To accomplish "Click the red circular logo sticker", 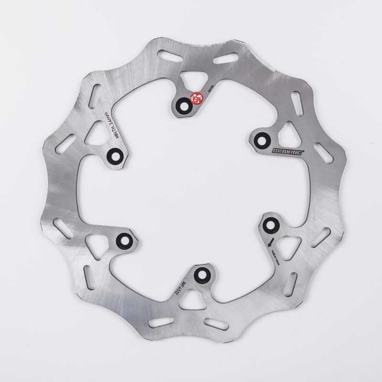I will coord(196,98).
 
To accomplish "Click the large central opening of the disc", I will coord(191,191).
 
